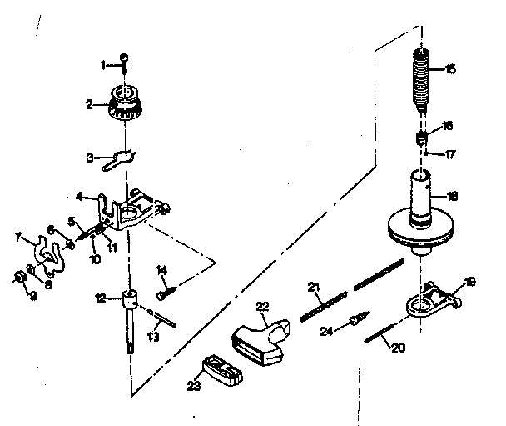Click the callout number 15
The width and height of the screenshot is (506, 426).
click(x=450, y=70)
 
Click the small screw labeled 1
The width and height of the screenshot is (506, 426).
click(x=125, y=64)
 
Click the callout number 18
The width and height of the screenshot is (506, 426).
click(x=452, y=197)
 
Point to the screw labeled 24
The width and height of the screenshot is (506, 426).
click(x=356, y=319)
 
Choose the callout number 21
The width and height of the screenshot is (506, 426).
click(x=314, y=287)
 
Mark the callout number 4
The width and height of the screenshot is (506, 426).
click(x=80, y=197)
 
